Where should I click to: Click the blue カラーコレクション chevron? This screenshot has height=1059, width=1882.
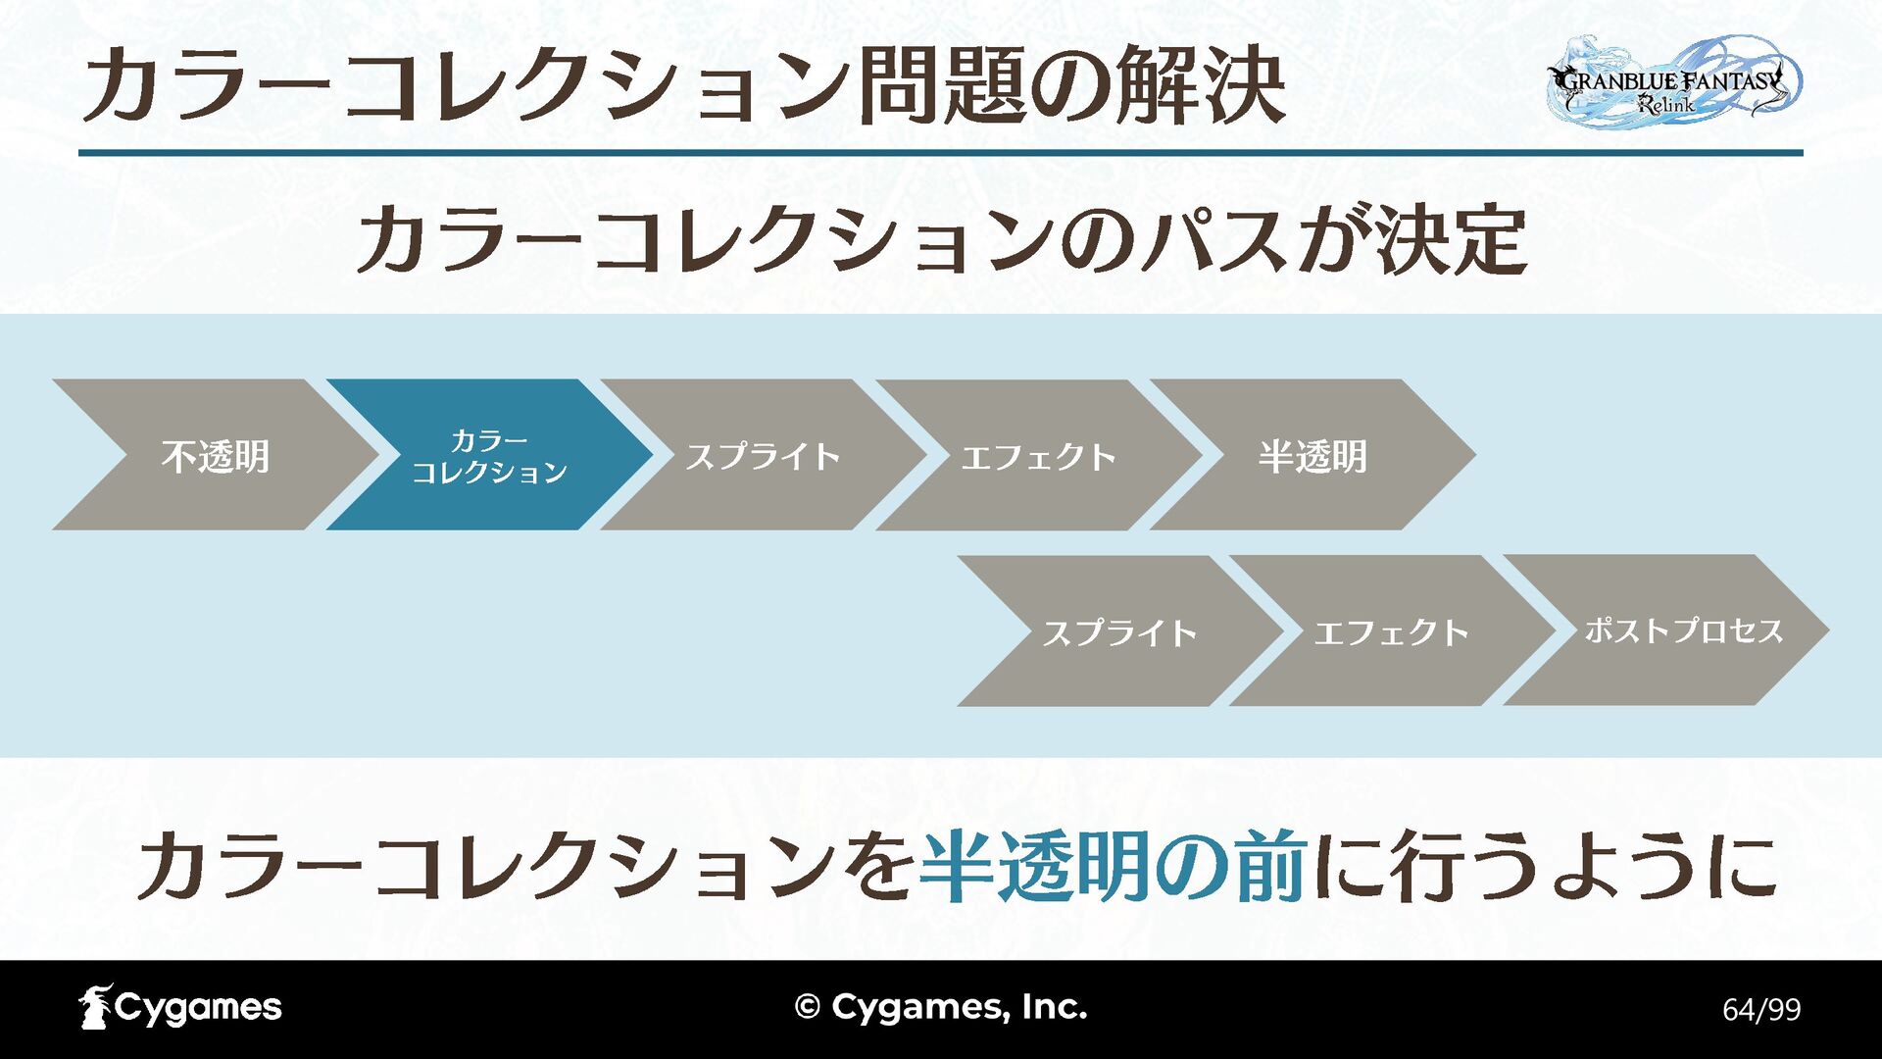point(489,456)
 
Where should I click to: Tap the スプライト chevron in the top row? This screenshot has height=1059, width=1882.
point(763,456)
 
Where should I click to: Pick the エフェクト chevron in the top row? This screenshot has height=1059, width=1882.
point(1038,456)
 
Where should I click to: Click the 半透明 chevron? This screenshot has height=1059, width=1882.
point(1312,456)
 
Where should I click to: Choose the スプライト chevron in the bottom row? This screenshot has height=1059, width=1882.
point(1119,632)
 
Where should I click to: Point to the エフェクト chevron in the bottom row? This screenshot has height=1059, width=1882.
point(1391,632)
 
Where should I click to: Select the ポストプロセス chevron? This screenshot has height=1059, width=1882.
point(1683,630)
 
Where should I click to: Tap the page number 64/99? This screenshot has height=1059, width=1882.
point(1761,1010)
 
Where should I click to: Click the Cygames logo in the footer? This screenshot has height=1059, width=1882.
point(180,1007)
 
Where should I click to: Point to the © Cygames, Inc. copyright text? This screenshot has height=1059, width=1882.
point(941,1007)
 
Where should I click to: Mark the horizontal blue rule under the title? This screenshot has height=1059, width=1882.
point(941,153)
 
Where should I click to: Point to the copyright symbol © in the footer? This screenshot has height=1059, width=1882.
point(807,1007)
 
